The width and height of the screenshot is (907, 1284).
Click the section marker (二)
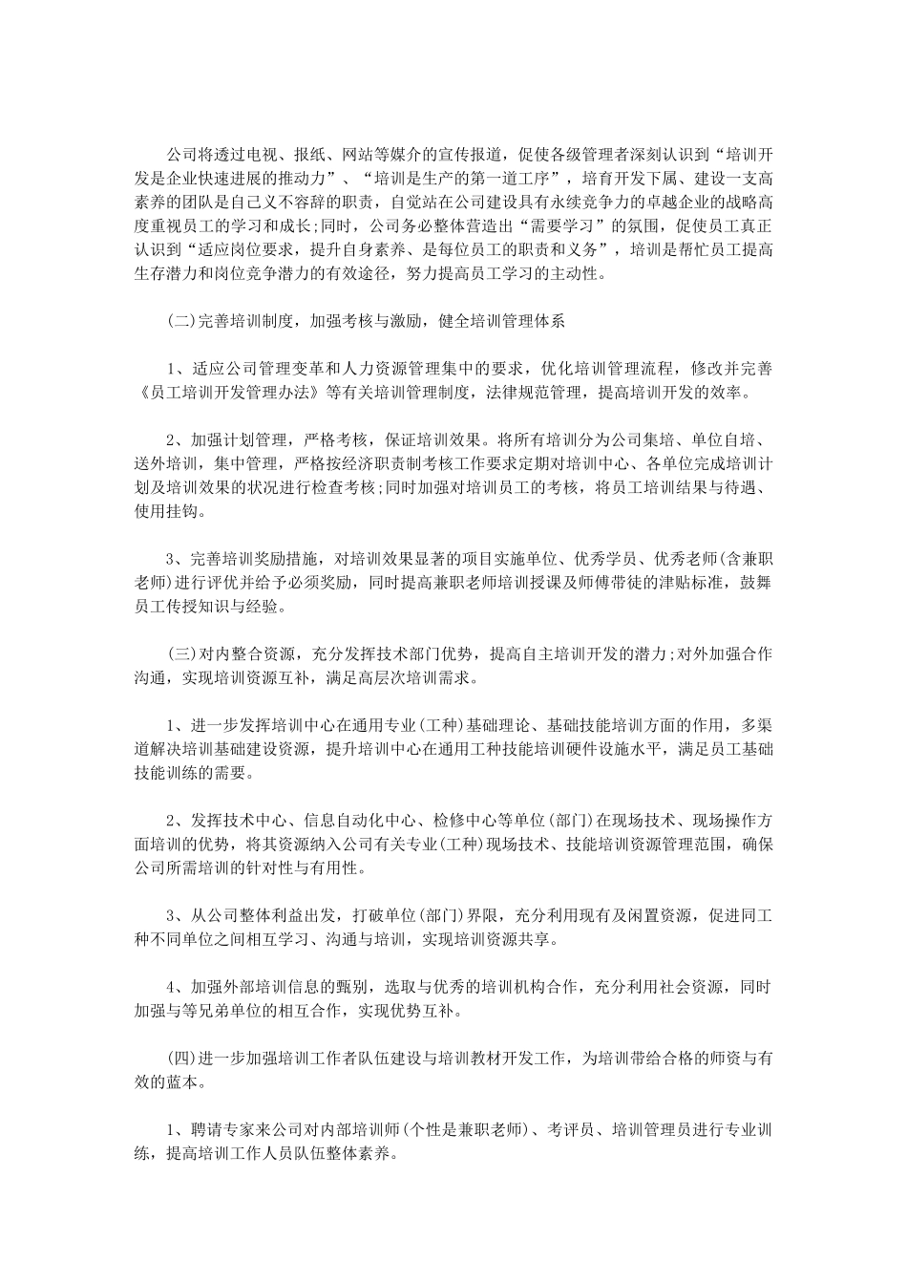181,321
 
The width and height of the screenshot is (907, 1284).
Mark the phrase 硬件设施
618,749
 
